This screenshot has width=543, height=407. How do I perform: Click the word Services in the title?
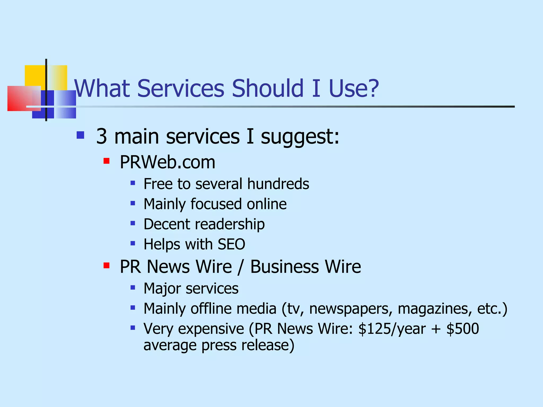click(x=181, y=88)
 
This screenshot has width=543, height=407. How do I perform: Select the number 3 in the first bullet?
click(x=102, y=136)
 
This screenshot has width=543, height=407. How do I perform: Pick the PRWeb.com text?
click(x=167, y=162)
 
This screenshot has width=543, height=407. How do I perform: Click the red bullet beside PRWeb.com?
click(x=107, y=161)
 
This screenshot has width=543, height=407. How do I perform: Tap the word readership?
click(x=230, y=224)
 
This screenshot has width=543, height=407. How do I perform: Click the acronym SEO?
click(x=231, y=244)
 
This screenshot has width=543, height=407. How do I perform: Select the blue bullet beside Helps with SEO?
click(x=133, y=243)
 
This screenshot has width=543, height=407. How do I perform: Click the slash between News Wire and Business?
click(x=240, y=267)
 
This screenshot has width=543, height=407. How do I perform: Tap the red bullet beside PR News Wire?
click(x=107, y=266)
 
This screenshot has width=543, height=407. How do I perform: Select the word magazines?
click(x=435, y=309)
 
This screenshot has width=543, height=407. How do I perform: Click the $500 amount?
click(x=463, y=329)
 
